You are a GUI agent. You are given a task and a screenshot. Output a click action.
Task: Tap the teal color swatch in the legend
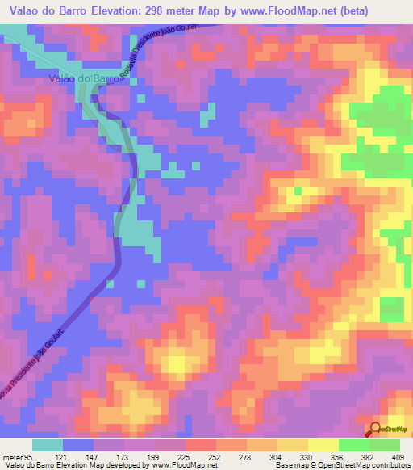tap(47, 445)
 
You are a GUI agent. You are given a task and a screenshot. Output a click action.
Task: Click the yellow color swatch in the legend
tap(323, 445)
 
